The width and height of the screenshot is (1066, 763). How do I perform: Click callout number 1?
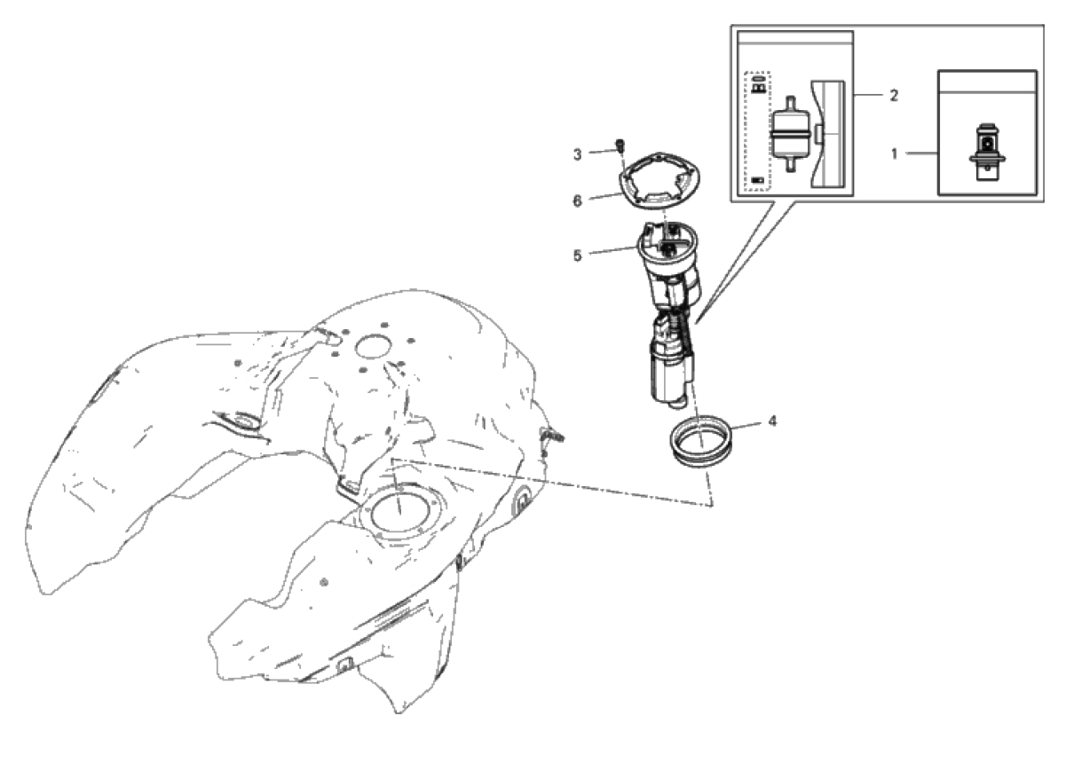click(894, 153)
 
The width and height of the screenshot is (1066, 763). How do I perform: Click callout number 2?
click(894, 96)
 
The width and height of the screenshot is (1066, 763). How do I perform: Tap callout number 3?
click(577, 154)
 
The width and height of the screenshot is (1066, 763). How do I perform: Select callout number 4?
click(773, 421)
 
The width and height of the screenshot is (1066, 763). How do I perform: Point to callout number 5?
click(577, 256)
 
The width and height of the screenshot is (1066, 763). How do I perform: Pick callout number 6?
click(577, 201)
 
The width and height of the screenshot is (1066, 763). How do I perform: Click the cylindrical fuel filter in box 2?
click(789, 134)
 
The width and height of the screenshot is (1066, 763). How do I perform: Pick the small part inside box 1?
click(987, 153)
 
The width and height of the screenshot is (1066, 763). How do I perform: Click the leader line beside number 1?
click(921, 153)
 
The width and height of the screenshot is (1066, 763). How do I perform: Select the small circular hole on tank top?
click(374, 346)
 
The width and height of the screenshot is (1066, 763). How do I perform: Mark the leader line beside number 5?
click(614, 250)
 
